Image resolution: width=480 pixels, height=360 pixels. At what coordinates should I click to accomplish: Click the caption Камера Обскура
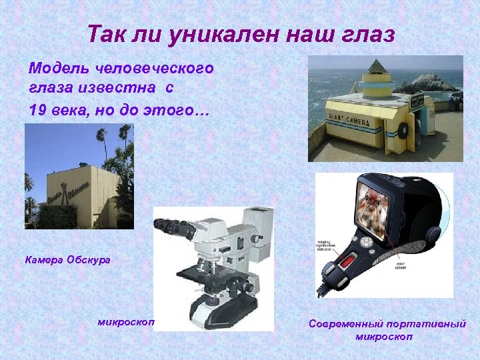point(67,259)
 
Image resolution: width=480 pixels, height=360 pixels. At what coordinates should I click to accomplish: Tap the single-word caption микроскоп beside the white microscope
point(126,322)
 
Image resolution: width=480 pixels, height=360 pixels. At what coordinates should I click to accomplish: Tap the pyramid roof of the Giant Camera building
point(377,67)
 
